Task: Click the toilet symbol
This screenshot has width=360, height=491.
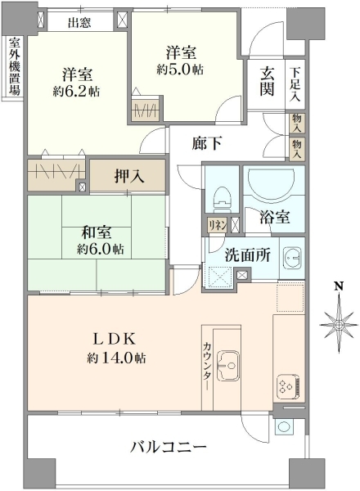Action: point(223,197)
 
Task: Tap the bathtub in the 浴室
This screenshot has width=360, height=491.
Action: point(271,184)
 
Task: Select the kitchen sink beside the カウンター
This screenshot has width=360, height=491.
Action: point(228,366)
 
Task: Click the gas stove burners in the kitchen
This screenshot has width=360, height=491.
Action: point(288,386)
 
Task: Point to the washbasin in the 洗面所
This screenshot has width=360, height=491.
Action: point(292,258)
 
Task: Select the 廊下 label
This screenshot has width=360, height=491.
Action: point(207,143)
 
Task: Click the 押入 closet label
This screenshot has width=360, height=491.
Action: point(129,176)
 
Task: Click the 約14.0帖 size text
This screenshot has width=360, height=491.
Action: point(116,358)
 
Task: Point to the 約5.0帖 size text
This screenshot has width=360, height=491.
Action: point(180,70)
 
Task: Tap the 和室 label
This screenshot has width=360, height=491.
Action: point(97,232)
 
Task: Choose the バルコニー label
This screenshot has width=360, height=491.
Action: point(169,447)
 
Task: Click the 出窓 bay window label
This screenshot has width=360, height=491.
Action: point(79,22)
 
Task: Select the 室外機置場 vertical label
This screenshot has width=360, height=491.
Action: point(15,66)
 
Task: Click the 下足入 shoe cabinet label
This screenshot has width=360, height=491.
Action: point(295,84)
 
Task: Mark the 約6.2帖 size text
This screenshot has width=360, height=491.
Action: point(76,92)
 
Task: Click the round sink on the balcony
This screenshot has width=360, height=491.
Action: point(284,427)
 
